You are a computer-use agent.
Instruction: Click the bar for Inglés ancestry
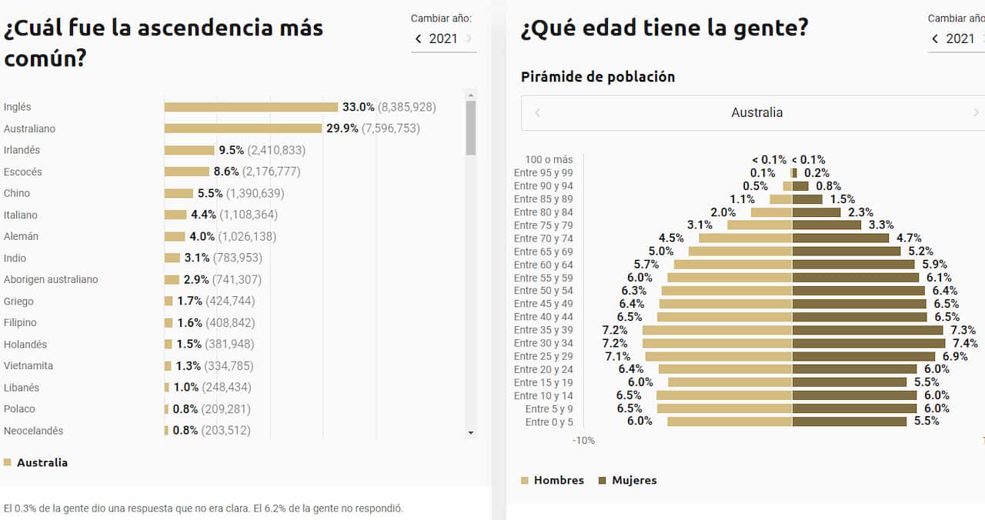251,107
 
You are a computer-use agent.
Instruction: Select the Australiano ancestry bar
242,128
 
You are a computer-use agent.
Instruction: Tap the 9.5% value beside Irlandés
231,150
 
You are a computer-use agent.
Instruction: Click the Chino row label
17,193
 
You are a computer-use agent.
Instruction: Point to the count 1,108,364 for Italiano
249,215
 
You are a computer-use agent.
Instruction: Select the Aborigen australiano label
51,279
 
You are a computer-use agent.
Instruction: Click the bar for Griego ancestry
169,301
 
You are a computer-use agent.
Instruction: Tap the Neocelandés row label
33,431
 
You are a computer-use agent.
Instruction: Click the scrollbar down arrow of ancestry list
471,433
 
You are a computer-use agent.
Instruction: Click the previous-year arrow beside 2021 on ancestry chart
418,38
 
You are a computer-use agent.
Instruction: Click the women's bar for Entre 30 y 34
868,343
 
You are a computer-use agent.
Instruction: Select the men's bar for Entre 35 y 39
717,330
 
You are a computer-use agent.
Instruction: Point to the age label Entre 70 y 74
543,238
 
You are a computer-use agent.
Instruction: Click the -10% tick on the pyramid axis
583,441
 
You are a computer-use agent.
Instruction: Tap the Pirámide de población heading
598,77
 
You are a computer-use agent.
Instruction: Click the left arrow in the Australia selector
538,112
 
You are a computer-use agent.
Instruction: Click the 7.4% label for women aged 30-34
965,343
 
